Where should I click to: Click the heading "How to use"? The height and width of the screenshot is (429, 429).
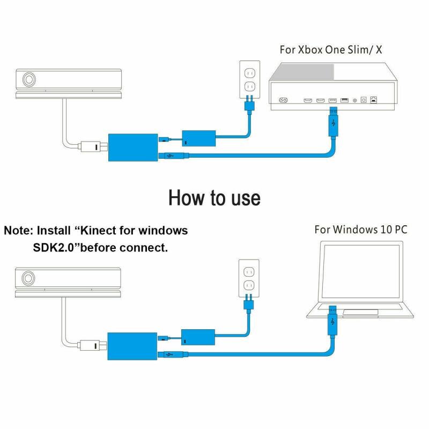pyautogui.click(x=214, y=197)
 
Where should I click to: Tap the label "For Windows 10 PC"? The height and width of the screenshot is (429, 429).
pyautogui.click(x=360, y=230)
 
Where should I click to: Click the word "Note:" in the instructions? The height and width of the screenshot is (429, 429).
pyautogui.click(x=19, y=231)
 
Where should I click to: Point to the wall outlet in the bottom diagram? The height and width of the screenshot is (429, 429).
pyautogui.click(x=248, y=277)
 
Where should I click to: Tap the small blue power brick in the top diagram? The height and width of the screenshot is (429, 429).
pyautogui.click(x=199, y=139)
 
